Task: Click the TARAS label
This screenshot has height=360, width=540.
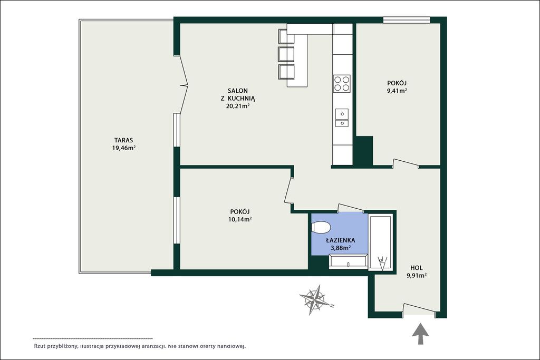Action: click(123, 140)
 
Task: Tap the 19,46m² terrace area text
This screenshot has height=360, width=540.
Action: click(123, 148)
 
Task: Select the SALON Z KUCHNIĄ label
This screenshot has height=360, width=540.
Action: click(238, 95)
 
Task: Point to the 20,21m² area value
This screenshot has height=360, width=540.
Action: click(238, 106)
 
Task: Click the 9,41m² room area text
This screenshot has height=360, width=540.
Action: click(397, 91)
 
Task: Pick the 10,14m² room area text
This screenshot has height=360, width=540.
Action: click(240, 220)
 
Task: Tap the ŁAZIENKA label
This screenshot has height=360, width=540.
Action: click(341, 240)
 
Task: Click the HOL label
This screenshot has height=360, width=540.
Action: click(417, 268)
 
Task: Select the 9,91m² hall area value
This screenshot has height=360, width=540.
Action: click(417, 275)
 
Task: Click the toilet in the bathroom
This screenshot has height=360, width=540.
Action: click(321, 228)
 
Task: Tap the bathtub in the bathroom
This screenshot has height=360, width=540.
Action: click(380, 242)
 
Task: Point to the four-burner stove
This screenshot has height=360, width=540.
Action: click(342, 83)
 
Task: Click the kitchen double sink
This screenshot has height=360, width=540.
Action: click(342, 118)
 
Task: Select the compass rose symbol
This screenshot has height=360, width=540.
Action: click(314, 299)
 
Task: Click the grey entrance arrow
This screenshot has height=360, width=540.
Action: click(420, 333)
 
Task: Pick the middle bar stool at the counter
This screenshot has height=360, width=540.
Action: click(286, 54)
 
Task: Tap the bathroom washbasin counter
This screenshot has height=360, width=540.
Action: click(348, 261)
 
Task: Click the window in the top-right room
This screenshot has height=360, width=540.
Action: click(407, 21)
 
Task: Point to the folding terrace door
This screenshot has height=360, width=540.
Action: click(184, 84)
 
